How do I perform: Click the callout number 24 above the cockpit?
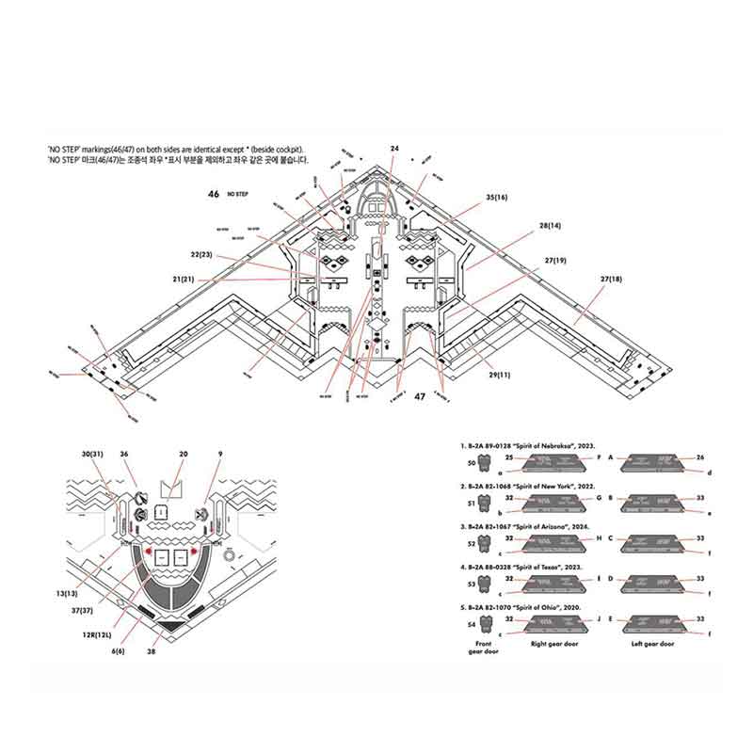click(x=394, y=149)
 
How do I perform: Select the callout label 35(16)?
click(x=497, y=197)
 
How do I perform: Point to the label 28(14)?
click(x=551, y=226)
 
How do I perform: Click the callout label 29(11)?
click(x=499, y=376)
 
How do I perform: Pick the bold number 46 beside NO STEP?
click(x=215, y=193)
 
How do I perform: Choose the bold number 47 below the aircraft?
click(x=420, y=396)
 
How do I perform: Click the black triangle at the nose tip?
click(x=170, y=625)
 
